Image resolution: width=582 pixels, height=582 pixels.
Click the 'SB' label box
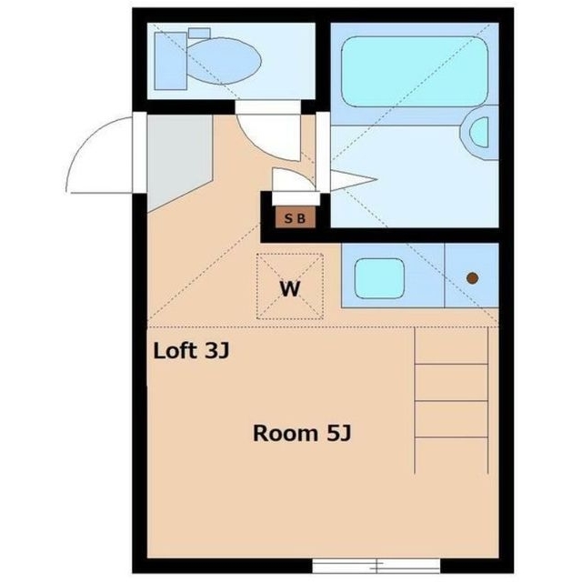pyautogui.click(x=295, y=218)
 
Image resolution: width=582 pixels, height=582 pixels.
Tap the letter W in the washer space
pyautogui.click(x=289, y=290)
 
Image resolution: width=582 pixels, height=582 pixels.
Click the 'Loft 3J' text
pyautogui.click(x=191, y=350)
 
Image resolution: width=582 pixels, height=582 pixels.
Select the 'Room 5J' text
pyautogui.click(x=302, y=433)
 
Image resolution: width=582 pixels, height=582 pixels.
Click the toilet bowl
pyautogui.click(x=226, y=62)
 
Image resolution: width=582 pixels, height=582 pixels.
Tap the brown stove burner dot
pyautogui.click(x=472, y=277)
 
